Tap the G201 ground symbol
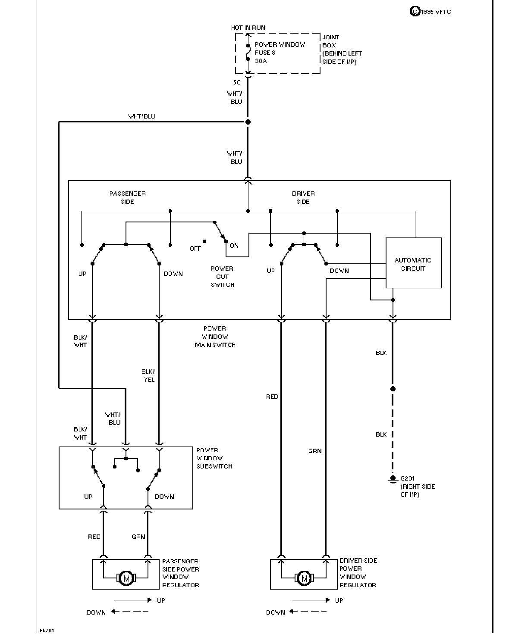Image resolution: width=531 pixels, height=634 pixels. coord(393,479)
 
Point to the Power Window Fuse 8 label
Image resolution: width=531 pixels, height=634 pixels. coord(280,53)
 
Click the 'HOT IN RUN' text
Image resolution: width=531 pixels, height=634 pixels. coord(248,28)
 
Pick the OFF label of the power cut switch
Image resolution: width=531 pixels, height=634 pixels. coord(195,249)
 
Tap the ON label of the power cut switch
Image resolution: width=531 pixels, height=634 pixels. coord(234,245)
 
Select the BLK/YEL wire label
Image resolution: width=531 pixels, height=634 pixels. coord(148,375)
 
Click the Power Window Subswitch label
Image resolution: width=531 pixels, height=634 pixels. coord(214,458)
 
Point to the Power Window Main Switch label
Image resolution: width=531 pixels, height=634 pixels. coord(215,337)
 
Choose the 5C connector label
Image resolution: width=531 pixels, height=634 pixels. coord(237,83)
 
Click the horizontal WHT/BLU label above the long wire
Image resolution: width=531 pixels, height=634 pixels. coord(141,116)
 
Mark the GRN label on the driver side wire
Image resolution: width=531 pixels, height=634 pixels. coord(315,451)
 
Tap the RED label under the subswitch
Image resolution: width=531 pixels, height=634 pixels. coord(94,537)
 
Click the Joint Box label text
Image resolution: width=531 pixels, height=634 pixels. coord(342,49)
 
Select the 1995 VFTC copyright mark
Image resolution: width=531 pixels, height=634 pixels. coord(430,12)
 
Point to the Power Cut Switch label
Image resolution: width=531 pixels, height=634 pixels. coord(222,277)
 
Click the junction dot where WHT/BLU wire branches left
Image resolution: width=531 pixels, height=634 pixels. coord(248,122)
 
